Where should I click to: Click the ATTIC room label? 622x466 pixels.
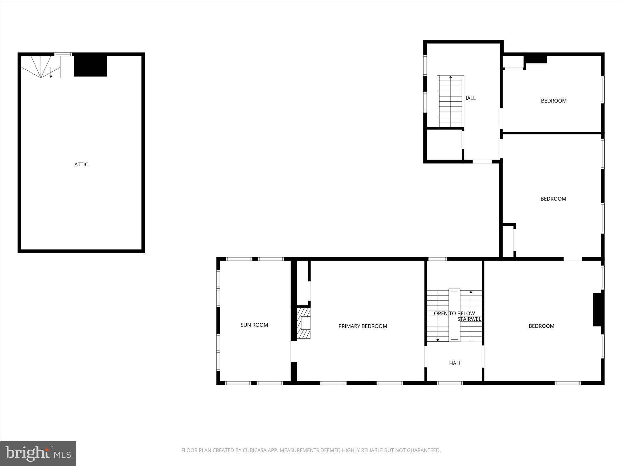pyautogui.click(x=81, y=164)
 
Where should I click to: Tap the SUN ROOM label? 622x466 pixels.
pyautogui.click(x=254, y=325)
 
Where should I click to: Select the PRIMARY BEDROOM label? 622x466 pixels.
pyautogui.click(x=363, y=326)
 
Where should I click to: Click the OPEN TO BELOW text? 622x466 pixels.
pyautogui.click(x=454, y=313)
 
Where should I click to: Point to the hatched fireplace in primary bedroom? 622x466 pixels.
pyautogui.click(x=303, y=323)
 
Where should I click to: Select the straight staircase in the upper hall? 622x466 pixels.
pyautogui.click(x=450, y=102)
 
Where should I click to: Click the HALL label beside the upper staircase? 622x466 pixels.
pyautogui.click(x=470, y=98)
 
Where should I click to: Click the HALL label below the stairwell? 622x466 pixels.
pyautogui.click(x=455, y=363)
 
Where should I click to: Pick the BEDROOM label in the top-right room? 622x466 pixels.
pyautogui.click(x=553, y=101)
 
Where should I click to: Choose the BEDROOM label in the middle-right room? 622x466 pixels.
pyautogui.click(x=553, y=199)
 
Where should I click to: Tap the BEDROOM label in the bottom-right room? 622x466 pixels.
pyautogui.click(x=541, y=326)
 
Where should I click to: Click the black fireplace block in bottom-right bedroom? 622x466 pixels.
pyautogui.click(x=597, y=309)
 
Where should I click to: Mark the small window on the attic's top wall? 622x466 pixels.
pyautogui.click(x=63, y=54)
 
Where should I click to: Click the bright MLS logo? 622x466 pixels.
pyautogui.click(x=38, y=454)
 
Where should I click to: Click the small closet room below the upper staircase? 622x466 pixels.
pyautogui.click(x=444, y=145)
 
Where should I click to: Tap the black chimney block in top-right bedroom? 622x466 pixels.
pyautogui.click(x=536, y=59)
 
